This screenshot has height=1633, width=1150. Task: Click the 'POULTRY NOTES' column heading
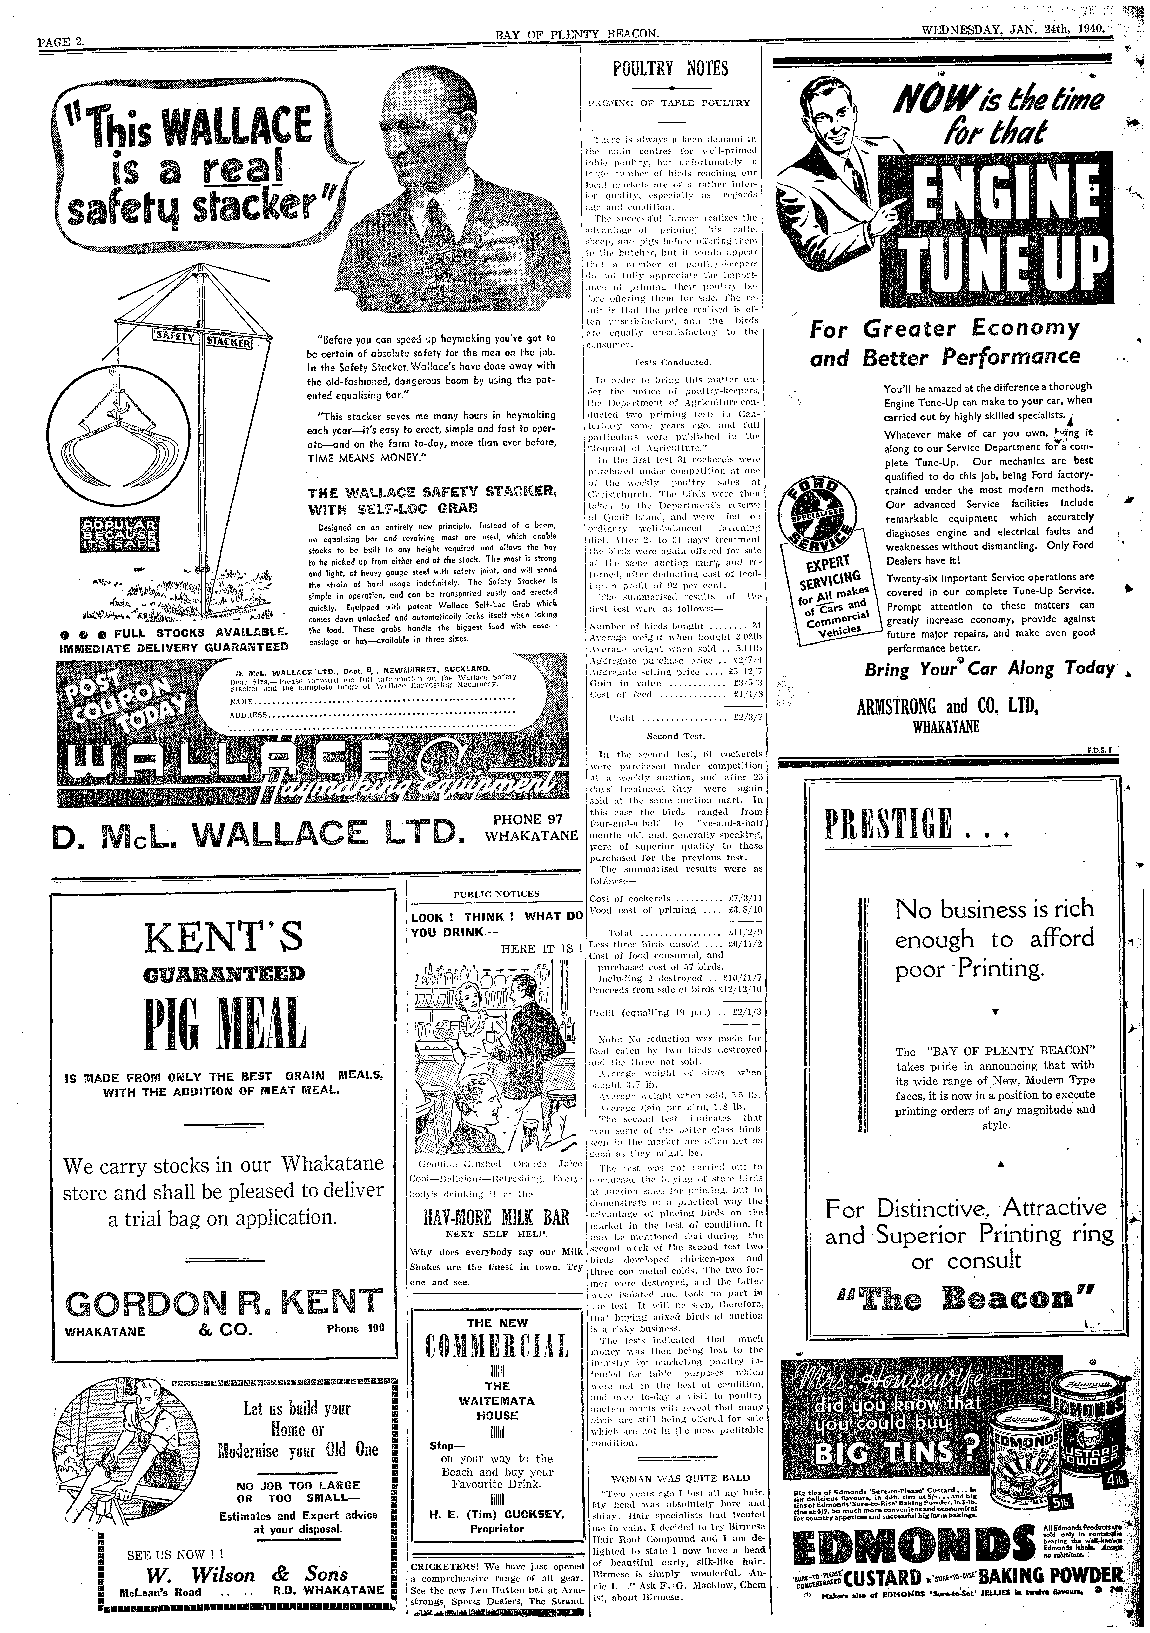tap(671, 69)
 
